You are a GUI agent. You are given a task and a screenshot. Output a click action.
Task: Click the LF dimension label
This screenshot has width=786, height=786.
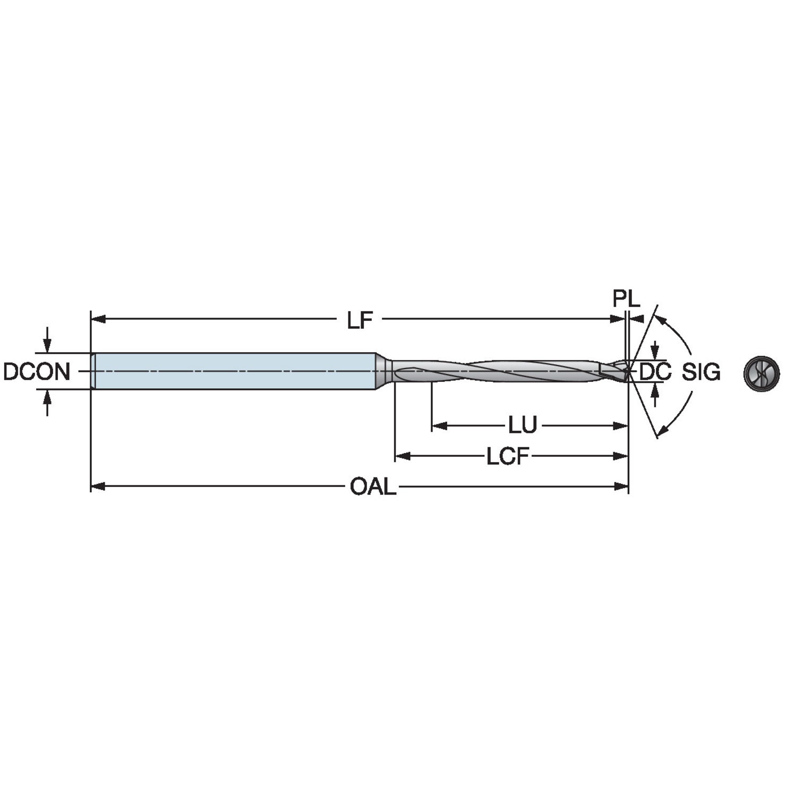coord(360,320)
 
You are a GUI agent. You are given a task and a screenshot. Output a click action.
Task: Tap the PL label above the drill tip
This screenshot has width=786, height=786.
coord(627,300)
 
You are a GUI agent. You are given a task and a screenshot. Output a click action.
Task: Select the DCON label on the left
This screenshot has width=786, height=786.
coord(37,372)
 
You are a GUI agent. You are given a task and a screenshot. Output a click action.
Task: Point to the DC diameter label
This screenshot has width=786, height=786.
coord(655,372)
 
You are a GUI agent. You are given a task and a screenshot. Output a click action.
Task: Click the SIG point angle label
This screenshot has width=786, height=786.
coord(701,372)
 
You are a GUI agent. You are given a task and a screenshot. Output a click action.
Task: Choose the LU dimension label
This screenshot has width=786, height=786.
coord(523,425)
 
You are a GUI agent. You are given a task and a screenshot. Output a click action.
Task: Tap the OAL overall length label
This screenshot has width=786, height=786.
coord(373,486)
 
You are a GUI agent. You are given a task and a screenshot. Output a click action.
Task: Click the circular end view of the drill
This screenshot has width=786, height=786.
coord(761,372)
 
